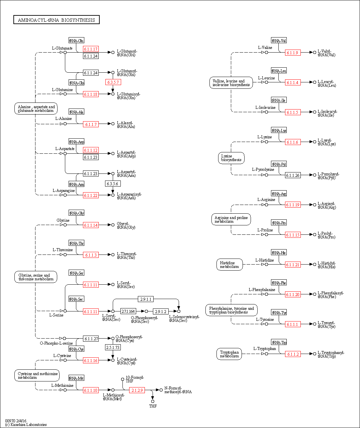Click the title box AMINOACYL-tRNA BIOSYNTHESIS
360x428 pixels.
[x=57, y=20]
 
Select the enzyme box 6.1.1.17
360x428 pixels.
[x=91, y=49]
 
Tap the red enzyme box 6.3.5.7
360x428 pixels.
[x=113, y=82]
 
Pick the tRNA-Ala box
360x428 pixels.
[x=76, y=112]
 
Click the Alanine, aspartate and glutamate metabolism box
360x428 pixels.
[x=36, y=109]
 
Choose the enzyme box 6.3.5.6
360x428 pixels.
[x=113, y=184]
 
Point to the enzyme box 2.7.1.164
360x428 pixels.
[x=128, y=311]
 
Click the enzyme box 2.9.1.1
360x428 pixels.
[x=146, y=299]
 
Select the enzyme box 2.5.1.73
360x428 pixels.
[x=113, y=348]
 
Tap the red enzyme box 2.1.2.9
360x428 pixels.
[x=137, y=390]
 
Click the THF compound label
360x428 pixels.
[x=153, y=406]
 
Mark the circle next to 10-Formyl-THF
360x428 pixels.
[x=122, y=379]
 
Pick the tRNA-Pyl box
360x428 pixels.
[x=279, y=164]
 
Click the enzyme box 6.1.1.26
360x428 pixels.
[x=293, y=175]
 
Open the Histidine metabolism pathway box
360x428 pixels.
[x=230, y=265]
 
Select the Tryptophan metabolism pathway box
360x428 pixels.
[x=230, y=354]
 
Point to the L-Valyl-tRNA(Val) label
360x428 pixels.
[x=326, y=53]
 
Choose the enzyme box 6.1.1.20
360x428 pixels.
[x=293, y=294]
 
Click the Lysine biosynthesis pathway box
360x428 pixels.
[x=231, y=158]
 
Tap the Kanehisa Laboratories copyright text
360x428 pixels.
[x=26, y=425]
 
